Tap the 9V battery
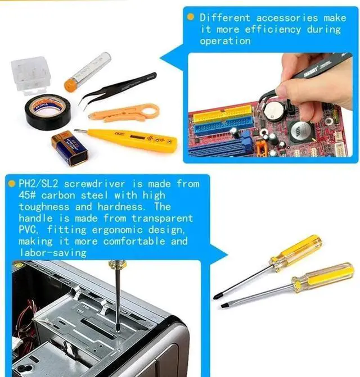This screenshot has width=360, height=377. point(70,148)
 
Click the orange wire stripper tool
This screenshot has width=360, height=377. point(124,112)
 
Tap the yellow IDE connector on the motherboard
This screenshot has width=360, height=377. point(223,115)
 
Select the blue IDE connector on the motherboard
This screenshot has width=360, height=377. point(224,128)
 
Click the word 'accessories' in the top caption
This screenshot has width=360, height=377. point(287,18)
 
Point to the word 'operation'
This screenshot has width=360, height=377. point(225,41)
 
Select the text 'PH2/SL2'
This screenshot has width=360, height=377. point(38,184)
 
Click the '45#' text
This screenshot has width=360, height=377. point(27,195)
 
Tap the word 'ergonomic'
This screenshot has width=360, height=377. point(117,230)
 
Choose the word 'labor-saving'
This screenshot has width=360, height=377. point(53,253)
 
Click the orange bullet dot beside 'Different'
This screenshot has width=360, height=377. point(190,17)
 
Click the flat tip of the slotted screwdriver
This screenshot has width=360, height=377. point(223,306)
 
